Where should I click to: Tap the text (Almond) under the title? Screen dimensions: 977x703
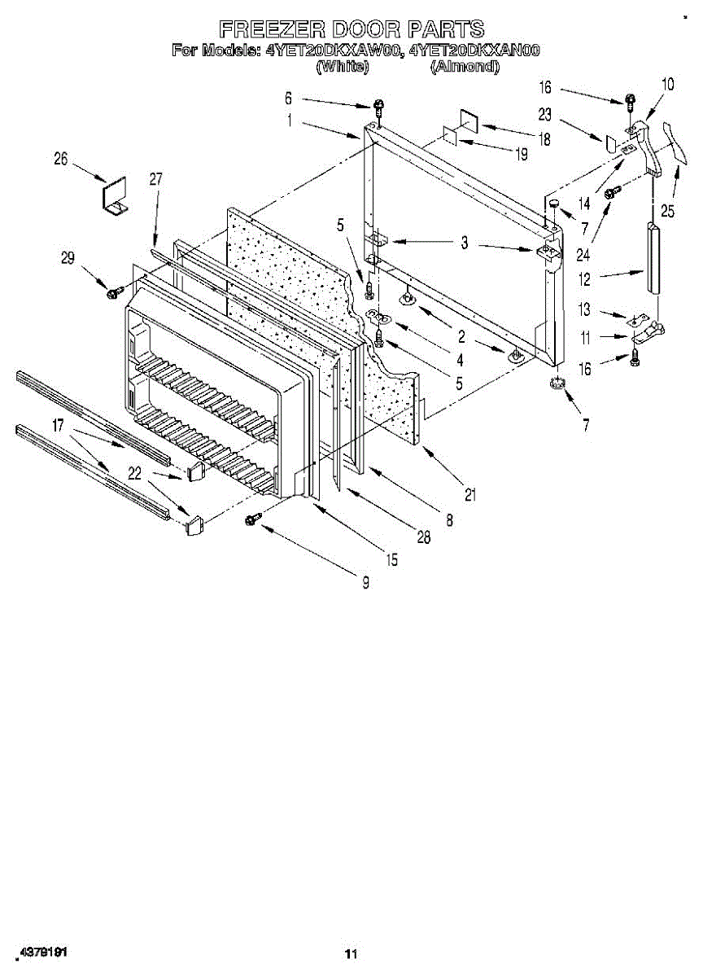464,67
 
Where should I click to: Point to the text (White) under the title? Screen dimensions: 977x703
342,67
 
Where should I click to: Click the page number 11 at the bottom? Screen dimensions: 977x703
351,953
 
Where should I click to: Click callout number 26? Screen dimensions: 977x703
62,160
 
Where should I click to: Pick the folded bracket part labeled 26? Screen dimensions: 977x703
115,198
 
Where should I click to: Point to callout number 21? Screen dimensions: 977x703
469,493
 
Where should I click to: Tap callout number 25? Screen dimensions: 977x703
667,212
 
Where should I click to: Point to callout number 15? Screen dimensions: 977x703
392,559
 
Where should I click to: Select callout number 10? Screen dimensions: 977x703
667,83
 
